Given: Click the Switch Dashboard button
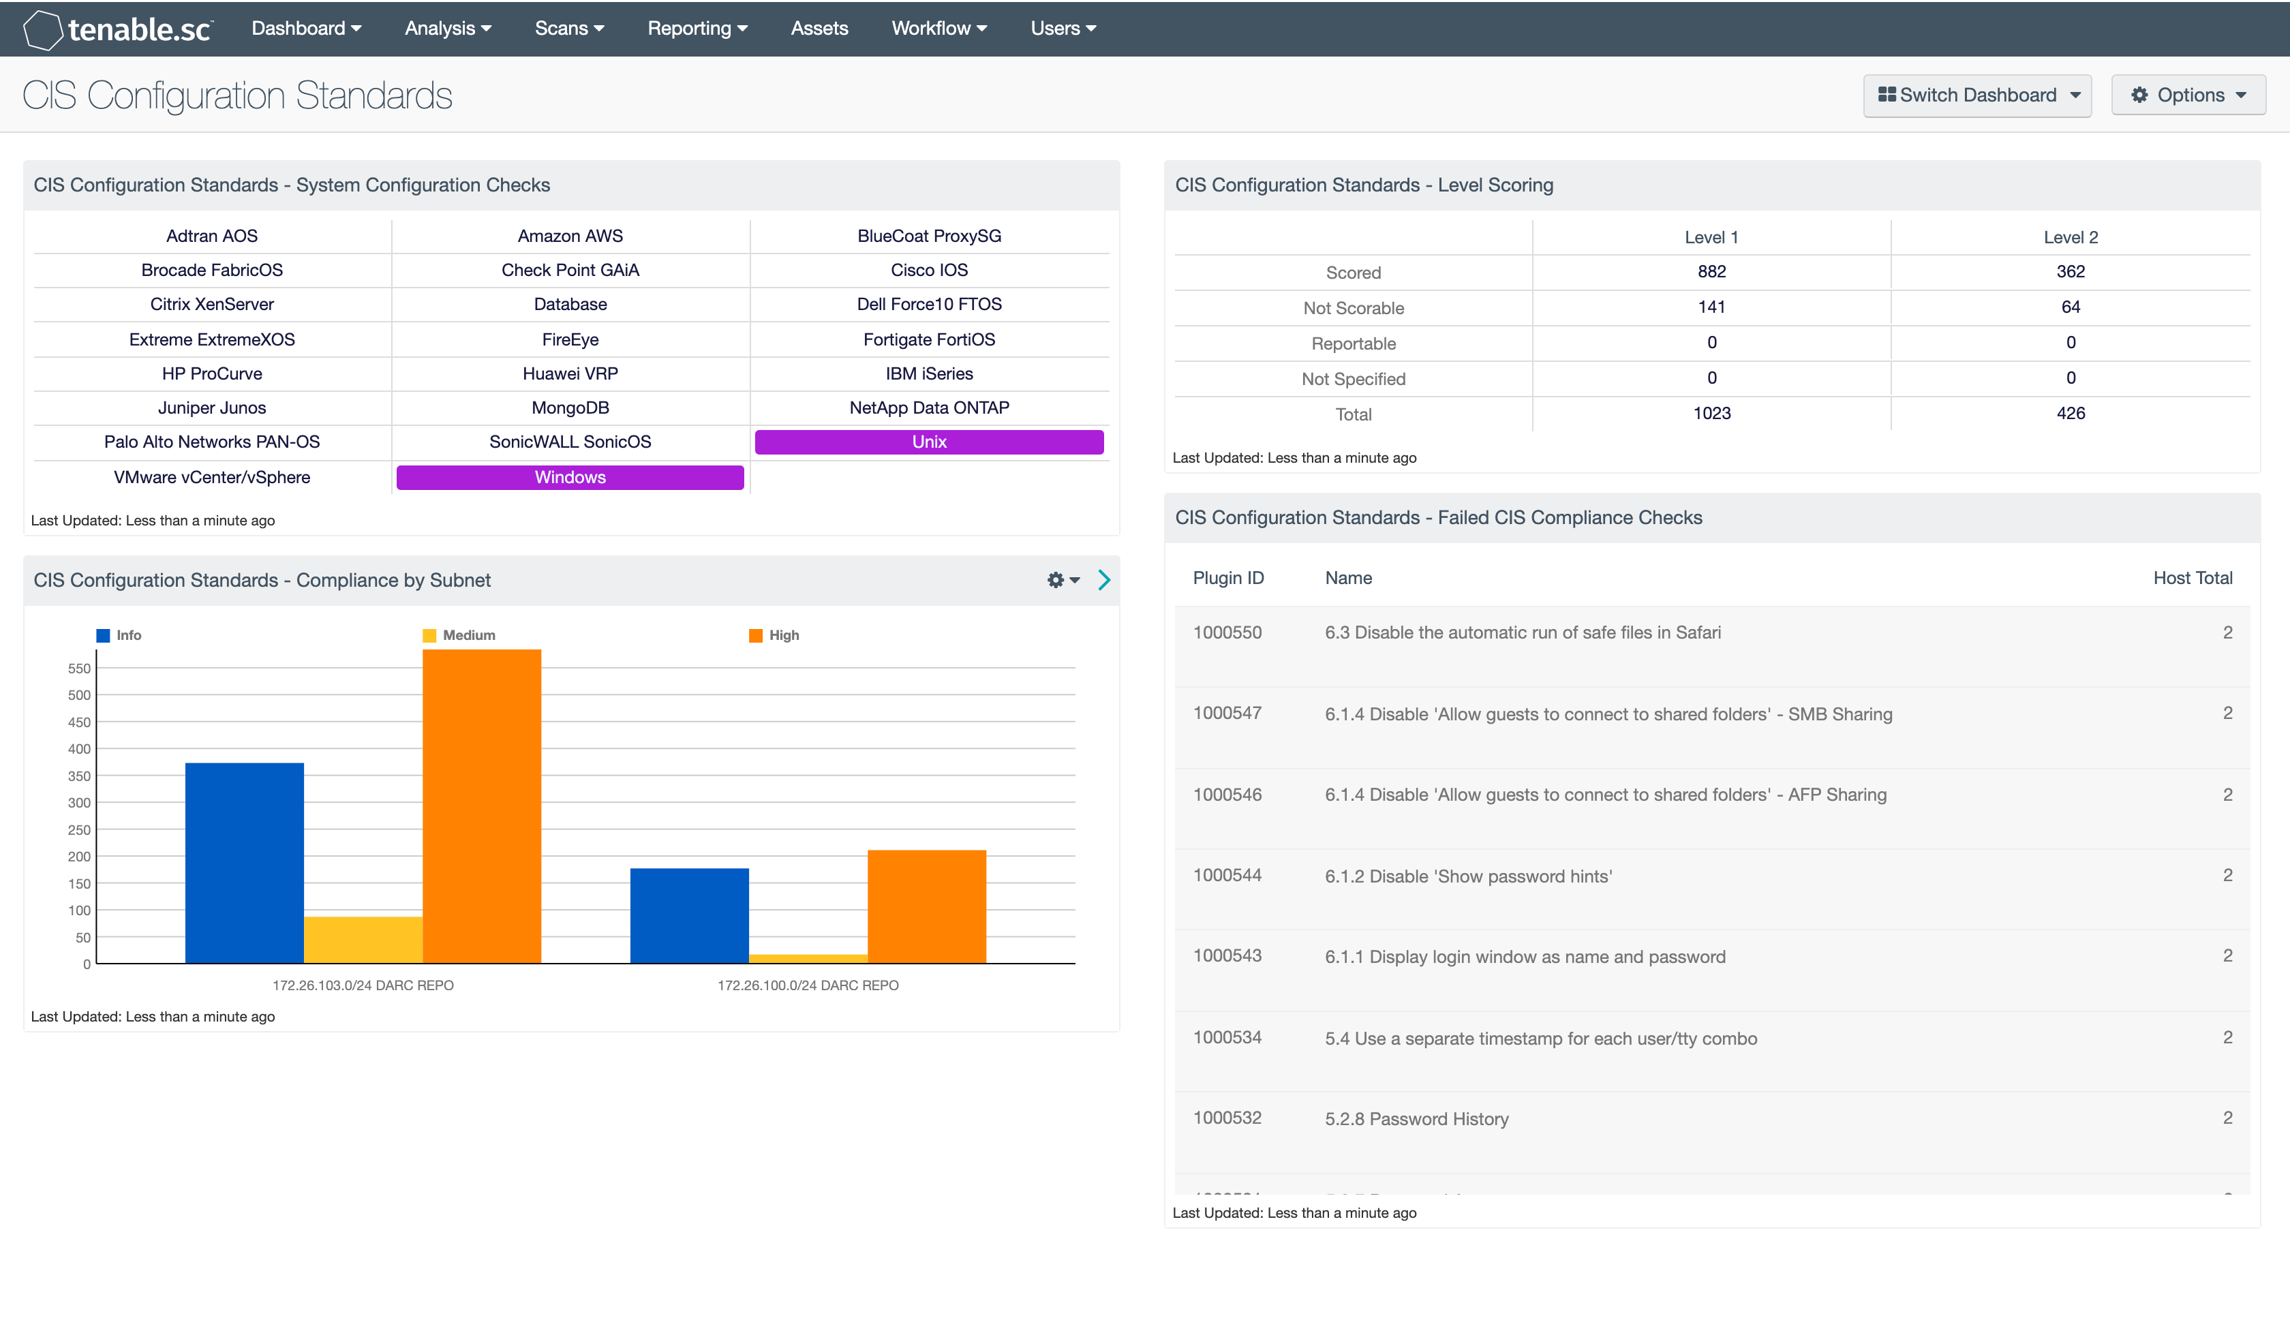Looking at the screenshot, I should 1976,95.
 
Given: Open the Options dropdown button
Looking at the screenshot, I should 2188,95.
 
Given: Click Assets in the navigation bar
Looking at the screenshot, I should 819,28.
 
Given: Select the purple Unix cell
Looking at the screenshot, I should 929,442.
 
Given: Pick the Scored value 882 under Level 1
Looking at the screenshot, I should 1711,271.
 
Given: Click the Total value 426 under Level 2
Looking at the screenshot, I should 2070,414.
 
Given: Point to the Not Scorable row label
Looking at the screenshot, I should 1353,308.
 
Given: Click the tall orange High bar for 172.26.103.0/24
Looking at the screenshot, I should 482,806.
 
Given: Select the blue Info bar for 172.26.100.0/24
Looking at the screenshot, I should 689,915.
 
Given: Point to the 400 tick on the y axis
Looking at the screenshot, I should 80,749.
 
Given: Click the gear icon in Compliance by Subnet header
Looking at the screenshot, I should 1056,580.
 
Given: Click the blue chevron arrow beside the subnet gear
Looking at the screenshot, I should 1103,580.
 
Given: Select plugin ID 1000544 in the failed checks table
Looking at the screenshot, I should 1227,875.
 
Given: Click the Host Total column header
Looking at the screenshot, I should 2191,577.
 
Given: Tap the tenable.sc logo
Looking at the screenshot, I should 118,29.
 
